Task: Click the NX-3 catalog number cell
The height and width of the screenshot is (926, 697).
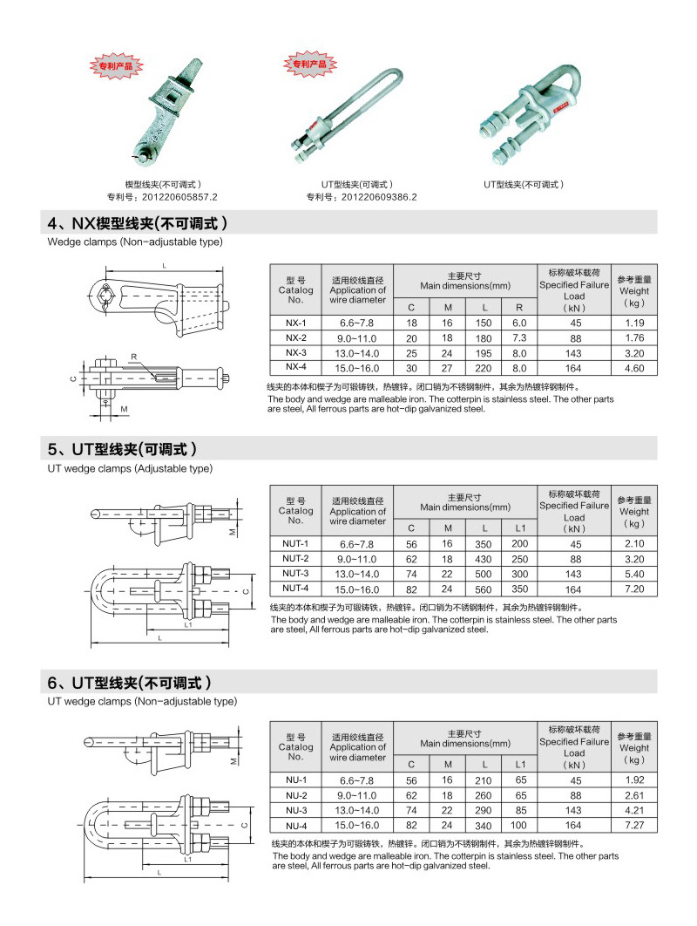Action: coord(295,353)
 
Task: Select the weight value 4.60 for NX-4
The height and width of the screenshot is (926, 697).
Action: coord(633,369)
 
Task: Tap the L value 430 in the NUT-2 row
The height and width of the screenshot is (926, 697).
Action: coord(484,558)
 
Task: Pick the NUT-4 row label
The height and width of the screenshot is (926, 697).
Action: coord(295,589)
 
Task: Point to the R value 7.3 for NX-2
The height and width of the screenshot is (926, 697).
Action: coord(519,337)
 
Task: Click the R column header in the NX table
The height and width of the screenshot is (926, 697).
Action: coord(519,308)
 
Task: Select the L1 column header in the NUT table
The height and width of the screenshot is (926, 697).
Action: coord(520,528)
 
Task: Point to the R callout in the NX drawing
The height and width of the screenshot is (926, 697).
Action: coord(134,357)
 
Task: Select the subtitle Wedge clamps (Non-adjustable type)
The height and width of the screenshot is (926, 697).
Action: coord(135,242)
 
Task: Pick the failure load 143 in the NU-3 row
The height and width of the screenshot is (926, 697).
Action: coord(573,811)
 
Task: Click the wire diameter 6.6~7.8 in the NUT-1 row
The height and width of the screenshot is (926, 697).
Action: coord(356,543)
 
